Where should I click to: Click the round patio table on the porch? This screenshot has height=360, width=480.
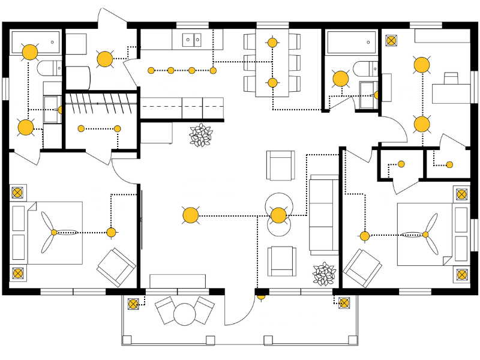click(x=185, y=313)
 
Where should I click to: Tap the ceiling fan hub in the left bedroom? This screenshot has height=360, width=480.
click(x=53, y=232)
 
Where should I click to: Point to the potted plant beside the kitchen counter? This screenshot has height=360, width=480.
click(x=200, y=135)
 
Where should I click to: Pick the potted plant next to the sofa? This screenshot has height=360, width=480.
click(x=325, y=274)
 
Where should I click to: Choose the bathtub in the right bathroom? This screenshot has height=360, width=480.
click(x=351, y=42)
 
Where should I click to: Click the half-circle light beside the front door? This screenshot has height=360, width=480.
click(x=262, y=295)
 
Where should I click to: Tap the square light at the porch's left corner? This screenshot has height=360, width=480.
click(x=133, y=304)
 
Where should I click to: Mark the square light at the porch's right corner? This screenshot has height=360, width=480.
click(x=344, y=304)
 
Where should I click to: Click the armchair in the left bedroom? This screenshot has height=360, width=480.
click(x=116, y=267)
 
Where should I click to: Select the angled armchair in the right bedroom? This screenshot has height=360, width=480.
click(x=363, y=268)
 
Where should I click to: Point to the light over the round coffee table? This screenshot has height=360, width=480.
click(x=278, y=215)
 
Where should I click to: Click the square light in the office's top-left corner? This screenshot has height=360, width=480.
click(x=391, y=41)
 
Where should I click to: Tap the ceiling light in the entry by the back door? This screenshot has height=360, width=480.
click(x=105, y=59)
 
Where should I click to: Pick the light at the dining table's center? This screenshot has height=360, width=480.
click(x=272, y=82)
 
